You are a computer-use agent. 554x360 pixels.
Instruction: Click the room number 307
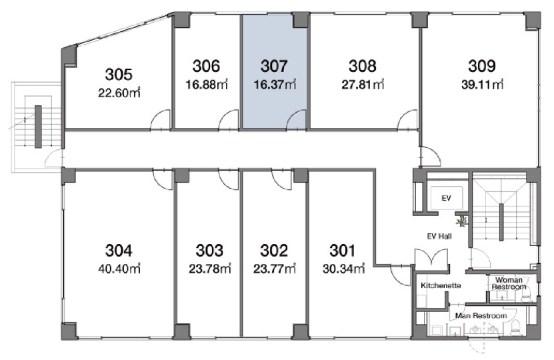point(274,66)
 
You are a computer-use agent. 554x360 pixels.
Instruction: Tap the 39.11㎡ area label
point(482,85)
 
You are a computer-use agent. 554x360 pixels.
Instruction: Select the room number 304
point(119,251)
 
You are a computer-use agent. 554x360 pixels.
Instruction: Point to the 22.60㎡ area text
point(119,93)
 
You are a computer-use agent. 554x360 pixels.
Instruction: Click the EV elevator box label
point(446,198)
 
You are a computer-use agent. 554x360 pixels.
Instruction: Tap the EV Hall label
point(439,237)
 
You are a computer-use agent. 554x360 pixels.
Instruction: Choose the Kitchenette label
point(441,285)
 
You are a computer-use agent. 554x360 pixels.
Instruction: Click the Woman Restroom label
point(509,283)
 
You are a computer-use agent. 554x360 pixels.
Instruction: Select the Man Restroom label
point(481,315)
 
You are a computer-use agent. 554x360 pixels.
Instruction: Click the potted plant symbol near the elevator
point(461,221)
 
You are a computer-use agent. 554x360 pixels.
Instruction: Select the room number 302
point(274,251)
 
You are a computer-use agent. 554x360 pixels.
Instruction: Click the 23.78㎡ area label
point(209,269)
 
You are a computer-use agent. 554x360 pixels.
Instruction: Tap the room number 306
point(206,66)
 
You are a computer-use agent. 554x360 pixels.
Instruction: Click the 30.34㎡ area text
point(343,269)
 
